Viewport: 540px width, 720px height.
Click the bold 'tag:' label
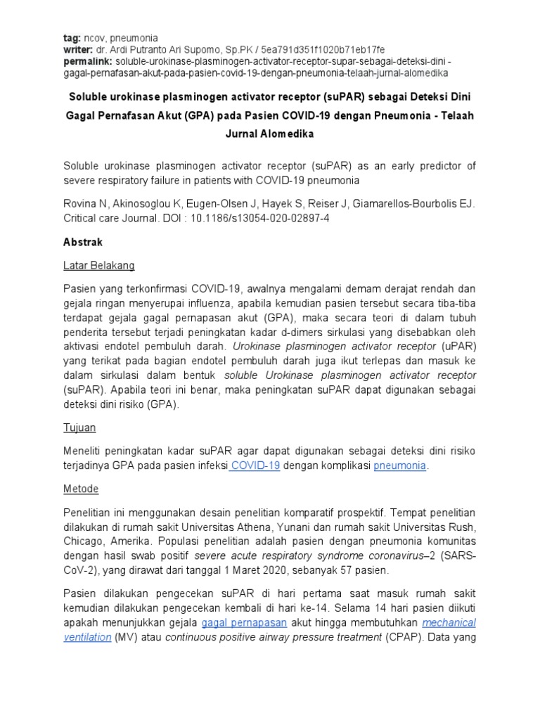point(72,38)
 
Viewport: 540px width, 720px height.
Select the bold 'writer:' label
point(79,50)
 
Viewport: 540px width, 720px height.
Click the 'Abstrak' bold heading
point(83,242)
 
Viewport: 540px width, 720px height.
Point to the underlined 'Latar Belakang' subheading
point(99,266)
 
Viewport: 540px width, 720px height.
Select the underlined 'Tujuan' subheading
point(79,427)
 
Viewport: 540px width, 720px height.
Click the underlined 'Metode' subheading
point(81,489)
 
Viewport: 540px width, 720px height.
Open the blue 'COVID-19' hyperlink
point(255,466)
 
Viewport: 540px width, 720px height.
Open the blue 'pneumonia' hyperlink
point(399,466)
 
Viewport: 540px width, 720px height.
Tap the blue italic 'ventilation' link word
point(87,637)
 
